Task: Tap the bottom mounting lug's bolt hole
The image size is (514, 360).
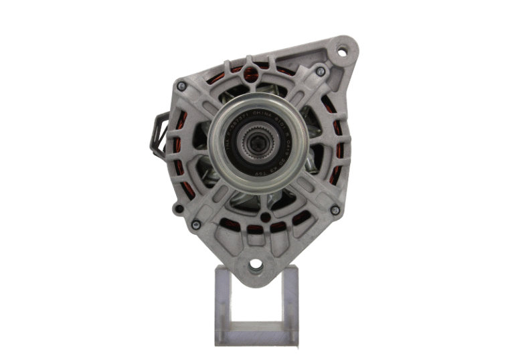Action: point(256,266)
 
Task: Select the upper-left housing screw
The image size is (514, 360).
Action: point(181,86)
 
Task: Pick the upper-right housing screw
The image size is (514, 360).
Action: point(321,71)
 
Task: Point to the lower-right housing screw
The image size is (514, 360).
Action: point(334,210)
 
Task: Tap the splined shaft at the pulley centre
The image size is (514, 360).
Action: point(257,142)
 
